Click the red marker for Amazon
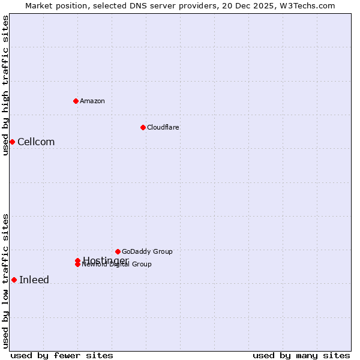point(76,101)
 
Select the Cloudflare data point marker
point(143,127)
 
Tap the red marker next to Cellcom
point(12,142)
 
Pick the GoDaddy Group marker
point(118,251)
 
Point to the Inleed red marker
point(14,280)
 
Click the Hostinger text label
point(106,260)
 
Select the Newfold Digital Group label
point(117,265)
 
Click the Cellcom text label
point(36,142)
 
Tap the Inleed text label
point(34,280)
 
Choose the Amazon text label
point(92,101)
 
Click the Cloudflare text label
point(163,128)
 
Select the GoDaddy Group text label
point(147,252)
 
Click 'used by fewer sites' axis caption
point(62,356)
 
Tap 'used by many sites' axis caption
point(301,356)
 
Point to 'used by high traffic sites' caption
point(5,86)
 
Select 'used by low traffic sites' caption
point(5,281)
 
